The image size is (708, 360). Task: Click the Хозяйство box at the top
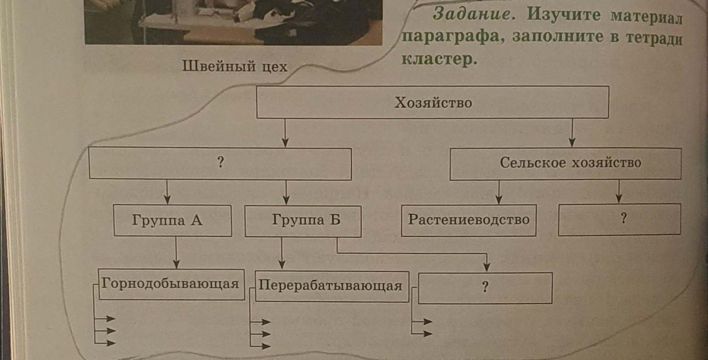tap(433, 102)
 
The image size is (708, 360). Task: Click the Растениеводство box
tap(468, 220)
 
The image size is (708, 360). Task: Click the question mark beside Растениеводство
tap(623, 219)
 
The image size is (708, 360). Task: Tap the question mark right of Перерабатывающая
tap(485, 287)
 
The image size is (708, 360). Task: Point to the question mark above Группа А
tap(220, 163)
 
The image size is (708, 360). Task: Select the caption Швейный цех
tap(234, 67)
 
